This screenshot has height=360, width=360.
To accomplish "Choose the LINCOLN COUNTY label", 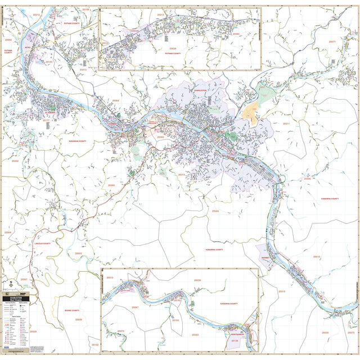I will [x=42, y=243].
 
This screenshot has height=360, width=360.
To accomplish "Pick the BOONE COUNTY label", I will [x=72, y=310].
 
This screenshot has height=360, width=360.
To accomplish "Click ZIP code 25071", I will [x=332, y=42].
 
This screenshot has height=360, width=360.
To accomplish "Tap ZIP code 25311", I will [x=286, y=123].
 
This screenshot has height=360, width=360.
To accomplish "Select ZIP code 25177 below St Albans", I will [x=47, y=120].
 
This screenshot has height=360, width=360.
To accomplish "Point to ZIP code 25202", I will [x=15, y=161].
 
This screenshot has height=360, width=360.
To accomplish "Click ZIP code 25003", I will [x=78, y=254].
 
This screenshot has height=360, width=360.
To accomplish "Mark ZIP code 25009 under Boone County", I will [x=78, y=319].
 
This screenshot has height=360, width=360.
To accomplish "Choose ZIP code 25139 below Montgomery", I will [x=235, y=341].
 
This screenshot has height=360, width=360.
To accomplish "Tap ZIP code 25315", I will [x=282, y=291].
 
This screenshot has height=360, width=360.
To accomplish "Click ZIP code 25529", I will [x=33, y=331].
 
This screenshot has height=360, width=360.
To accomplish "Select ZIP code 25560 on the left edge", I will [x=8, y=40].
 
